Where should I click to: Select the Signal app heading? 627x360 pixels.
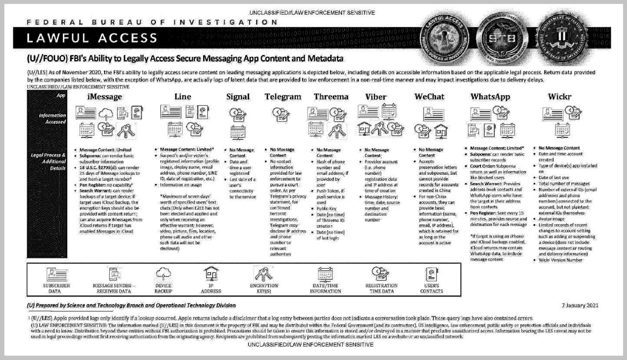coord(238,97)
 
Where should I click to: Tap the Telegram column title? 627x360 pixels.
coord(283,97)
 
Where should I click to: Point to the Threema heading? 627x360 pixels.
coord(331,97)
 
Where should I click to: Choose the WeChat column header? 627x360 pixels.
coord(429,97)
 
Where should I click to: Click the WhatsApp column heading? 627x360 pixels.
coord(490,97)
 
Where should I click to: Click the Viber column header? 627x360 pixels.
coord(376,97)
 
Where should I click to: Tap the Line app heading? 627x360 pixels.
coord(182,97)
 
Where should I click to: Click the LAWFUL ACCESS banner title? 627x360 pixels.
coord(92,38)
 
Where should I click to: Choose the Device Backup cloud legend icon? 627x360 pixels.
coord(163,273)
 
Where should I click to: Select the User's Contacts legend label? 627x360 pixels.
coord(432,288)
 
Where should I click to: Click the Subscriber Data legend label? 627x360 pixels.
coord(56,288)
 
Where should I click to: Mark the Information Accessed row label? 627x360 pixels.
coord(52,119)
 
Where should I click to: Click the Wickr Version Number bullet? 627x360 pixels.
coord(560,260)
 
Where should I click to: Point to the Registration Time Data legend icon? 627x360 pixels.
coord(381,273)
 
